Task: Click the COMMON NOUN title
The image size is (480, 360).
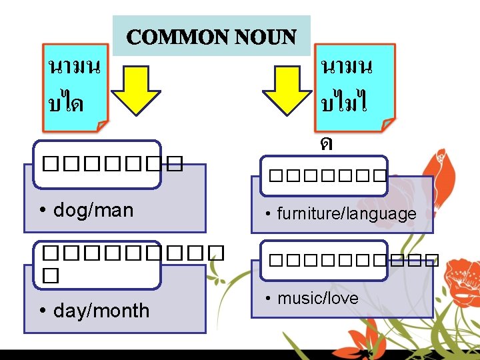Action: [x=211, y=37]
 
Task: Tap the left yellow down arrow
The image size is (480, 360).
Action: [x=135, y=91]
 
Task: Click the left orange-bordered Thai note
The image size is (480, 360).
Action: [x=75, y=87]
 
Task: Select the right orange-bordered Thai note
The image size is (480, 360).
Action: [x=356, y=87]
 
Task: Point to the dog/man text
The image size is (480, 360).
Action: [x=93, y=211]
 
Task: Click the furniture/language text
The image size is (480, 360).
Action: [x=347, y=214]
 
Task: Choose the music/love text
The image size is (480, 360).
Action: [x=317, y=298]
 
